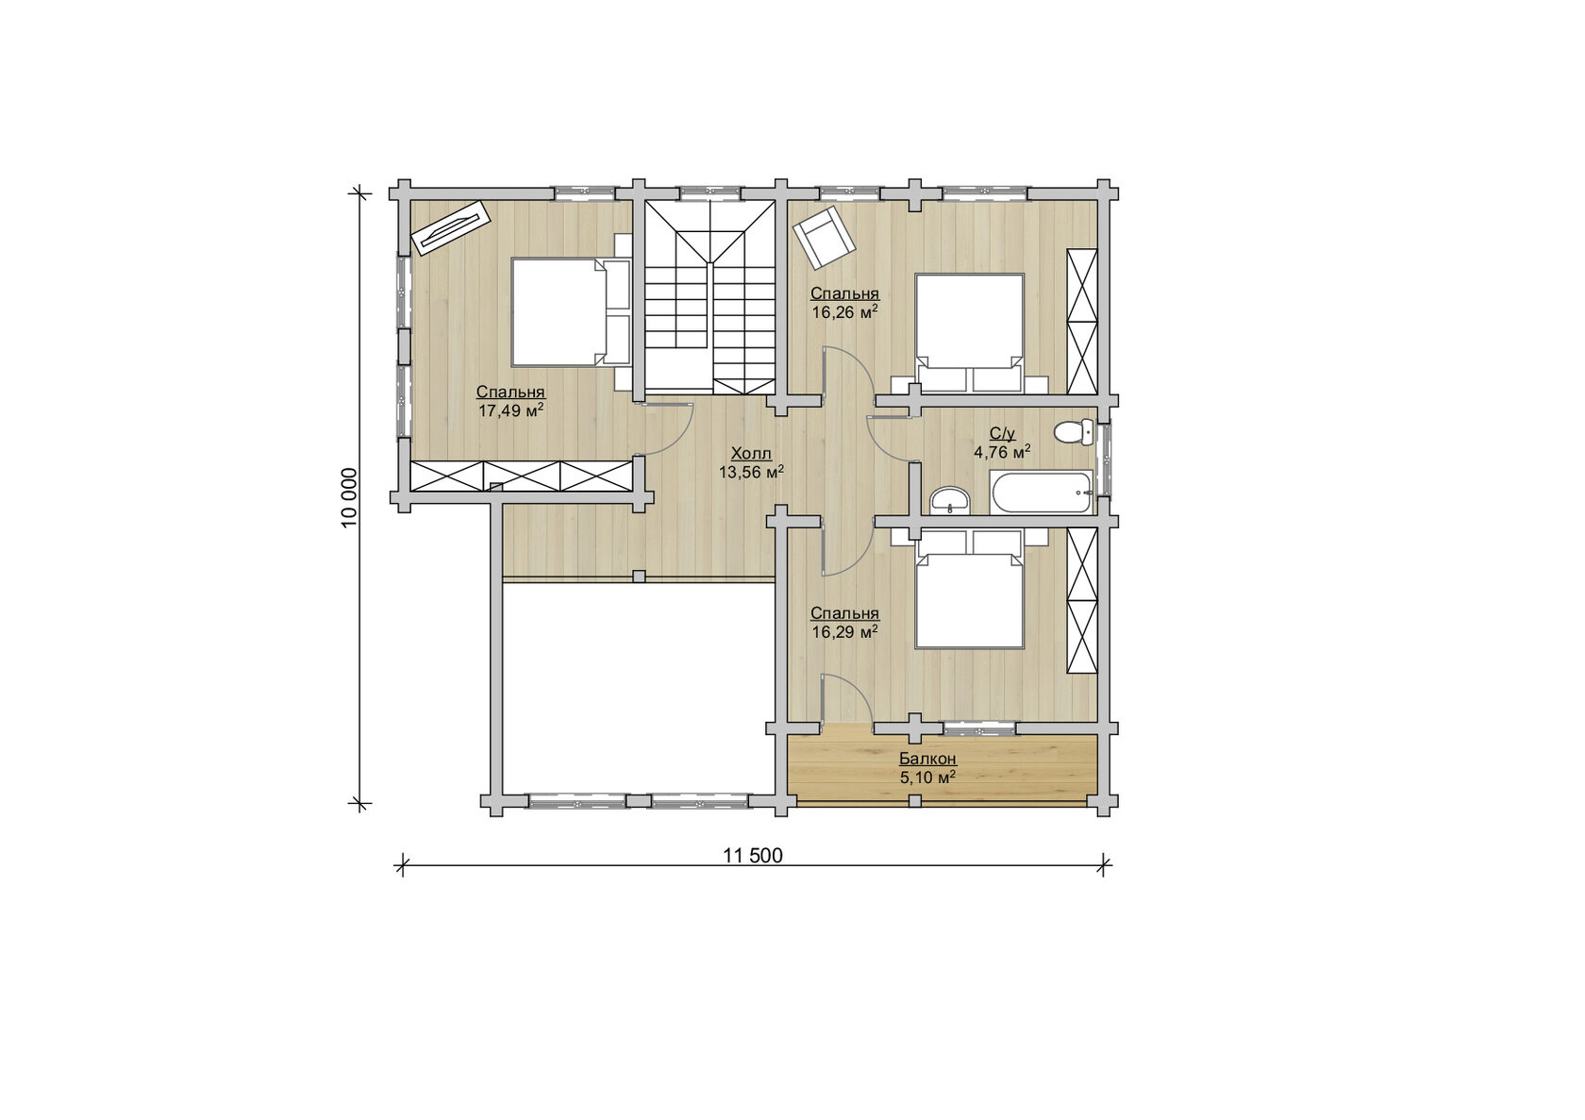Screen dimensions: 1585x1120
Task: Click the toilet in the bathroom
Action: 1074,432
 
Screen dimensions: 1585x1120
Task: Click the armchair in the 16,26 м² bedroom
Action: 824,238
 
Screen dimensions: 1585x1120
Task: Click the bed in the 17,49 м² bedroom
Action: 571,312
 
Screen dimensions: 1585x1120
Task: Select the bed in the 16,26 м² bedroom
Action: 970,332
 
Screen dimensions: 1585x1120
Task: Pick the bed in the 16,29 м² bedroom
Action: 970,590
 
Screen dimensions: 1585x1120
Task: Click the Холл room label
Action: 751,454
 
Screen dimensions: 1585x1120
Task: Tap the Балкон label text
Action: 927,760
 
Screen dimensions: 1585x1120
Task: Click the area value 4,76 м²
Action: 1002,451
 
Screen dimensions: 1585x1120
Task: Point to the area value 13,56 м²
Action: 751,472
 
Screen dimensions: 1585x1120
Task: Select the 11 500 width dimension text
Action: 753,856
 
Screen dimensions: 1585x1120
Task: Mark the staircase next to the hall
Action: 709,297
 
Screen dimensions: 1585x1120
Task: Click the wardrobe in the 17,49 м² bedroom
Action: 522,476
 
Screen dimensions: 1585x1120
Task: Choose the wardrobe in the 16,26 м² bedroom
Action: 1082,321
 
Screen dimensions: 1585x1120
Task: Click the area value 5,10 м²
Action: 927,777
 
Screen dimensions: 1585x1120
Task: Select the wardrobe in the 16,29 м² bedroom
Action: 1082,601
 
